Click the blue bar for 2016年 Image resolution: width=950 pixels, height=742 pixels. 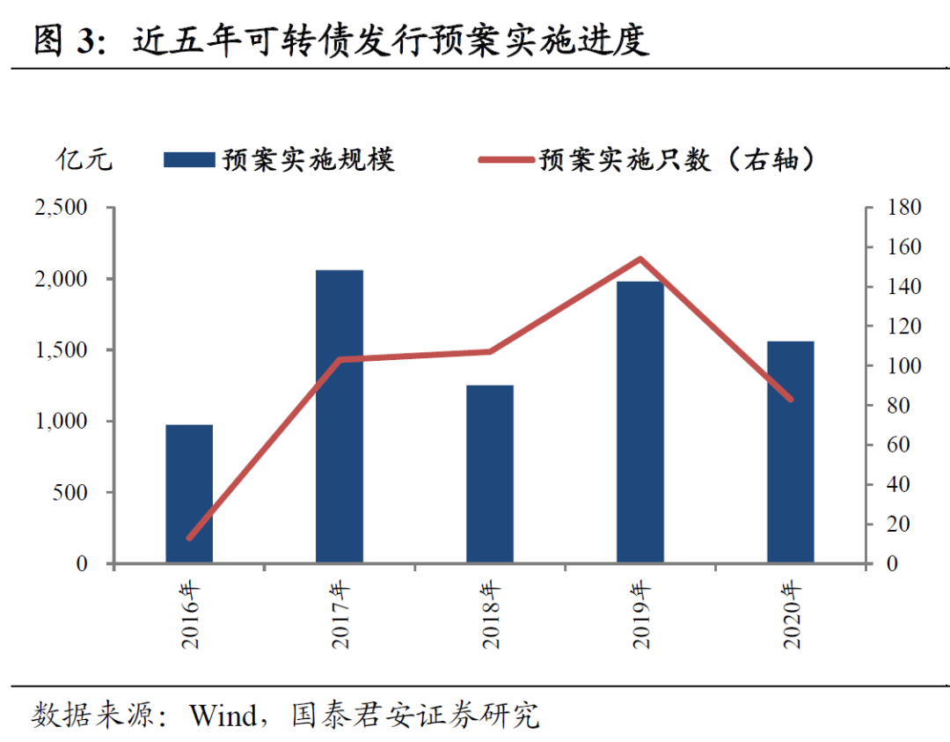coord(189,494)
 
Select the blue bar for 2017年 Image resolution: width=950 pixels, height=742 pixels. coord(340,416)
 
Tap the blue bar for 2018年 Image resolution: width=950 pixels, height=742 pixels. coord(490,474)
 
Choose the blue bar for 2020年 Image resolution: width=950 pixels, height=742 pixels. coord(791,452)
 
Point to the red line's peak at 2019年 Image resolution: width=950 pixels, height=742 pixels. coord(640,259)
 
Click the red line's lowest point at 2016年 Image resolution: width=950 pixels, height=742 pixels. coord(189,537)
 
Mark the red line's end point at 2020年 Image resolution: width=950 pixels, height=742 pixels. coord(791,399)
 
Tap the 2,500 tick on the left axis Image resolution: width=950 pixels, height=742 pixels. coord(61,208)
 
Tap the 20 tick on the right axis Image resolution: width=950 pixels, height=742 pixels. coord(898,525)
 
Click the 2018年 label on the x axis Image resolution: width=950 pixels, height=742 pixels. coord(491,614)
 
